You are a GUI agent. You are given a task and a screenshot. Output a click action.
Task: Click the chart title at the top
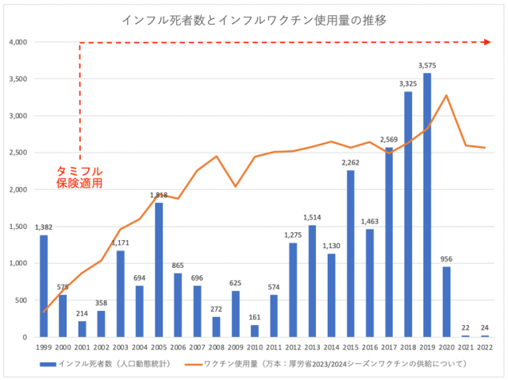pyautogui.click(x=255, y=18)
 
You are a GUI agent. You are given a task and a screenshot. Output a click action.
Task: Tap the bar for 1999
pyautogui.click(x=44, y=285)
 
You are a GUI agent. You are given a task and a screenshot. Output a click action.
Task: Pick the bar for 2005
pyautogui.click(x=159, y=269)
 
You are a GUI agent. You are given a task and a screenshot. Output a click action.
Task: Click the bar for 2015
pyautogui.click(x=350, y=254)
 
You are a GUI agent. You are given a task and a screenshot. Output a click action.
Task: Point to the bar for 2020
pyautogui.click(x=446, y=301)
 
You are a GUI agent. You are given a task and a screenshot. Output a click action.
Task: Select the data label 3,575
pyautogui.click(x=427, y=65)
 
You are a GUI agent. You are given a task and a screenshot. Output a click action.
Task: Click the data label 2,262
pyautogui.click(x=350, y=163)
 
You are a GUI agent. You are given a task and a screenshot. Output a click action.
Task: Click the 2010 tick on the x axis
pyautogui.click(x=255, y=347)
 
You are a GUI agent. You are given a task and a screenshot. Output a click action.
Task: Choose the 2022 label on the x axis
pyautogui.click(x=484, y=347)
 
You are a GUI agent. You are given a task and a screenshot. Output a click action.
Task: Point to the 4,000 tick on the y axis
pyautogui.click(x=17, y=42)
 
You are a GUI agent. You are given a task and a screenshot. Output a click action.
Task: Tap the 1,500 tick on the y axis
pyautogui.click(x=17, y=227)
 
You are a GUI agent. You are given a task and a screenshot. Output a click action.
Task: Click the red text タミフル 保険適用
pyautogui.click(x=79, y=176)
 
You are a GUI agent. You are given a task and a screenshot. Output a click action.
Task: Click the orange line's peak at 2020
pyautogui.click(x=447, y=95)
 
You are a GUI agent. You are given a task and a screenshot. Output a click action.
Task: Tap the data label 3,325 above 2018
pyautogui.click(x=408, y=83)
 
